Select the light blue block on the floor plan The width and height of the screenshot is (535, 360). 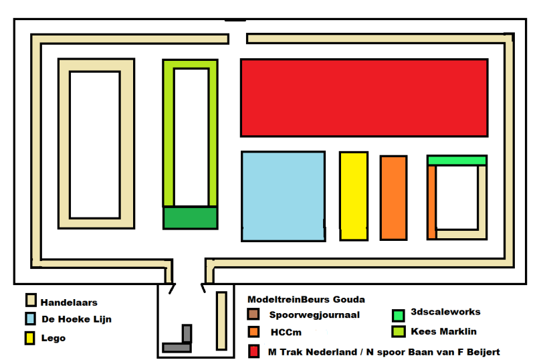[283, 196]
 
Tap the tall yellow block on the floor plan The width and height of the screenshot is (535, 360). [354, 196]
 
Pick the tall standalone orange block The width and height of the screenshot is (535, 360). [393, 197]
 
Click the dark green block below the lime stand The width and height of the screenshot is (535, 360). [191, 218]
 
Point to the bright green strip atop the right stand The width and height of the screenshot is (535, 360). [457, 161]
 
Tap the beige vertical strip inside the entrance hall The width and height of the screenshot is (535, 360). [221, 320]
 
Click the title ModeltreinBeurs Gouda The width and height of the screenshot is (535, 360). [306, 299]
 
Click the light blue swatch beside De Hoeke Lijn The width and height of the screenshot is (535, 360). [30, 319]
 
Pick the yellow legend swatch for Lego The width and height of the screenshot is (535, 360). [30, 337]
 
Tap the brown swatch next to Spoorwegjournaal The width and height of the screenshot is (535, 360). [253, 314]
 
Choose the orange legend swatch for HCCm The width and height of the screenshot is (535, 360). [253, 332]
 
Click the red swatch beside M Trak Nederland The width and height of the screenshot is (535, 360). [253, 351]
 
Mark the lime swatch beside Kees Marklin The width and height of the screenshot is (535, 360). [398, 331]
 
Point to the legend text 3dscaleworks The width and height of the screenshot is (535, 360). [445, 312]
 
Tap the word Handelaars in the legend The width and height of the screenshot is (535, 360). [69, 302]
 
